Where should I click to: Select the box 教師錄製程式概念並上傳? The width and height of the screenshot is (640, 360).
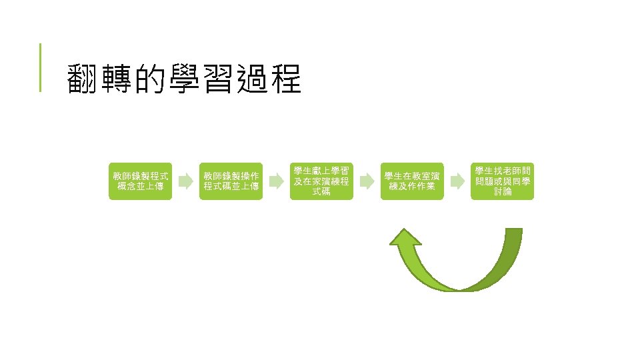coord(141,181)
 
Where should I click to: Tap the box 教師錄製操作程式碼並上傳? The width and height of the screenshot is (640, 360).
coord(231,181)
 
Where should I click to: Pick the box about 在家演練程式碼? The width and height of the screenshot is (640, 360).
coord(321,181)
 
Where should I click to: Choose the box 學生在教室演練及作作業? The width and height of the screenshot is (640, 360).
coord(412,181)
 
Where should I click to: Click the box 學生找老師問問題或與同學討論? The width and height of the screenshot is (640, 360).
coord(503,181)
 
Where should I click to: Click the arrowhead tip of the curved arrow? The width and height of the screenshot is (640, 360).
coord(404,230)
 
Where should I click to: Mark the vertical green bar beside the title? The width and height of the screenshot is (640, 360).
coord(40,67)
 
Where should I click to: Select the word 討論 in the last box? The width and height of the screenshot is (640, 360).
coord(503,192)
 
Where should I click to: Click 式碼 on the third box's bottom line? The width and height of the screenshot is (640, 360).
coord(321,193)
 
